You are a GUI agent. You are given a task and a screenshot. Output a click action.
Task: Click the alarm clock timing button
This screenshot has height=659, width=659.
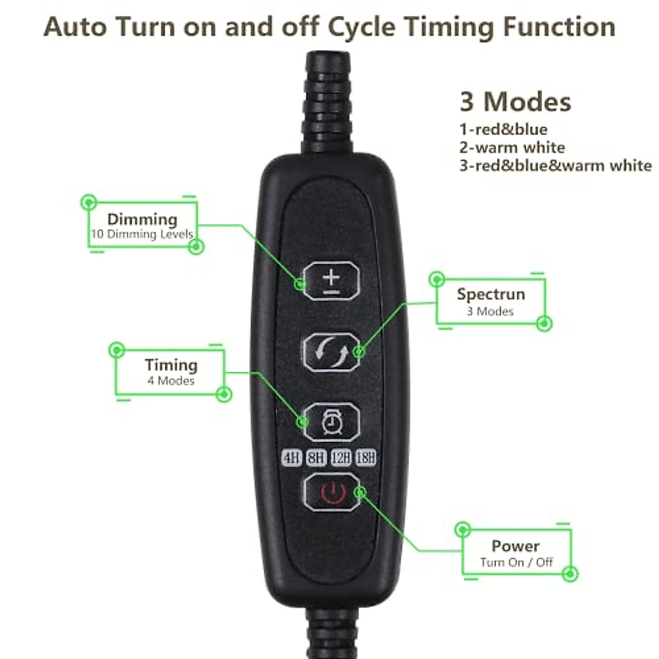coord(331,422)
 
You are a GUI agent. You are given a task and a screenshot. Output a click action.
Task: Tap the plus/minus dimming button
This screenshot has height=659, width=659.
coord(331,281)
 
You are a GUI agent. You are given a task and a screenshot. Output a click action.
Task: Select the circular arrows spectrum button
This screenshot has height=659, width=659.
coord(331,351)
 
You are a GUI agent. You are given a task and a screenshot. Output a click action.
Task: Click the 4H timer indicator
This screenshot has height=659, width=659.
coord(292,457)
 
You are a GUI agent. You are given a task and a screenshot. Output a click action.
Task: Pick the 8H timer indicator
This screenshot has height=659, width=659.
coord(316,457)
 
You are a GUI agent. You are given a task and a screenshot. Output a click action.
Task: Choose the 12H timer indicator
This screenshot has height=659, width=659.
coord(340,457)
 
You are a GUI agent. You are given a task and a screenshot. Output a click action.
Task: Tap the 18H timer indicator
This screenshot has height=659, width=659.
coord(366,457)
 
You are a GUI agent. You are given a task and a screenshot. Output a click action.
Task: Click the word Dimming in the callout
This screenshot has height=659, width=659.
coord(142,219)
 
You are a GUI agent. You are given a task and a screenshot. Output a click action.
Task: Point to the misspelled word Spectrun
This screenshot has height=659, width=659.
coord(491,294)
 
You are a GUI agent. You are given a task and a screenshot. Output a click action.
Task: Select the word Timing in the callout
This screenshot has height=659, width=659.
coord(171,365)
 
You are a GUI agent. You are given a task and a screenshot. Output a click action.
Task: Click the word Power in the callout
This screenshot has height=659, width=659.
coord(515,546)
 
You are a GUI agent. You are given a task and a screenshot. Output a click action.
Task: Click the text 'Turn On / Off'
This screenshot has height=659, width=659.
coord(516,562)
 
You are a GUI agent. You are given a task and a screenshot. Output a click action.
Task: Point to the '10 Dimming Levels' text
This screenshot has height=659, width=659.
coord(142,234)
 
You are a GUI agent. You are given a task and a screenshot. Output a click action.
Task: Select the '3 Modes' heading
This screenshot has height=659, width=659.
coord(515,102)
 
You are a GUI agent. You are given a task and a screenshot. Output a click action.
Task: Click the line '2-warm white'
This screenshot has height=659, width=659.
coord(512,147)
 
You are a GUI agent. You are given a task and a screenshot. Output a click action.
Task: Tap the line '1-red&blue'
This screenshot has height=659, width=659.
coord(503,130)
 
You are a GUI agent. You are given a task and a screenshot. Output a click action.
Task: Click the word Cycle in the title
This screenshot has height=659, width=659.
coord(360,26)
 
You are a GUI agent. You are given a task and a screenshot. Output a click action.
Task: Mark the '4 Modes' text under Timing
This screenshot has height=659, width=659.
coord(171,381)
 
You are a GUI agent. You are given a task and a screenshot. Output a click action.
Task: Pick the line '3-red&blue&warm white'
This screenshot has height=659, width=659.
coord(555,165)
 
